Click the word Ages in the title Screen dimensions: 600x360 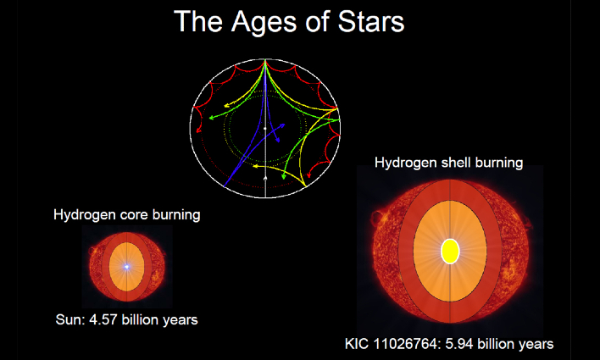(x=264, y=23)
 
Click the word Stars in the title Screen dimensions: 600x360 (x=371, y=21)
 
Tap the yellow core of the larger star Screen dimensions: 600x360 (x=450, y=252)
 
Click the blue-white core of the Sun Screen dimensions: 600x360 (x=126, y=267)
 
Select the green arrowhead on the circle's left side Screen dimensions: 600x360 (x=211, y=118)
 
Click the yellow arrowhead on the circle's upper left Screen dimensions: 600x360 (x=226, y=105)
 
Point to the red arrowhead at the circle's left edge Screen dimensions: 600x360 (x=198, y=130)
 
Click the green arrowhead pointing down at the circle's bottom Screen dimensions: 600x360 (x=284, y=176)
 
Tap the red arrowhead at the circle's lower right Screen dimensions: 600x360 (x=308, y=175)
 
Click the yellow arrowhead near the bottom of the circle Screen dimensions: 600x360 (x=255, y=166)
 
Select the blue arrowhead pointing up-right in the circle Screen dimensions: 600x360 (x=282, y=125)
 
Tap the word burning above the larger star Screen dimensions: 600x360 (x=499, y=163)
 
